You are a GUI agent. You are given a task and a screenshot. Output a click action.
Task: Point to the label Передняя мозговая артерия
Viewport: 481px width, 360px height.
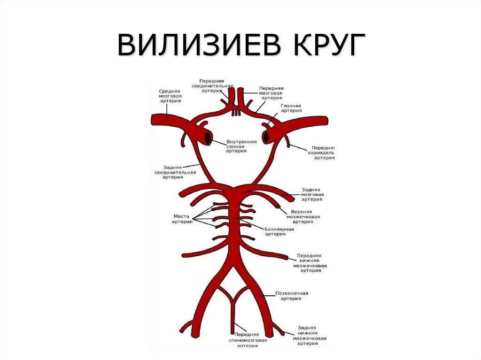pos(272,93)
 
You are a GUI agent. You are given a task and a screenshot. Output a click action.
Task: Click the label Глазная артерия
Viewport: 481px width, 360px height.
pos(291,109)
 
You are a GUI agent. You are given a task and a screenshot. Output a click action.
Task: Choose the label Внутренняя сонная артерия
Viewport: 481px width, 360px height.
pos(241,146)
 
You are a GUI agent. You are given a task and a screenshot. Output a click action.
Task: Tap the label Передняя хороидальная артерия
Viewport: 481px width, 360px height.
pos(325,153)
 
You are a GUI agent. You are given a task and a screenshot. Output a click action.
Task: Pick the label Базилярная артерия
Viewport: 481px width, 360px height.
pos(279,232)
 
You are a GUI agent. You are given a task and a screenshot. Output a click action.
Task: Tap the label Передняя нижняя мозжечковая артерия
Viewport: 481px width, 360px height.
pos(310,263)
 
